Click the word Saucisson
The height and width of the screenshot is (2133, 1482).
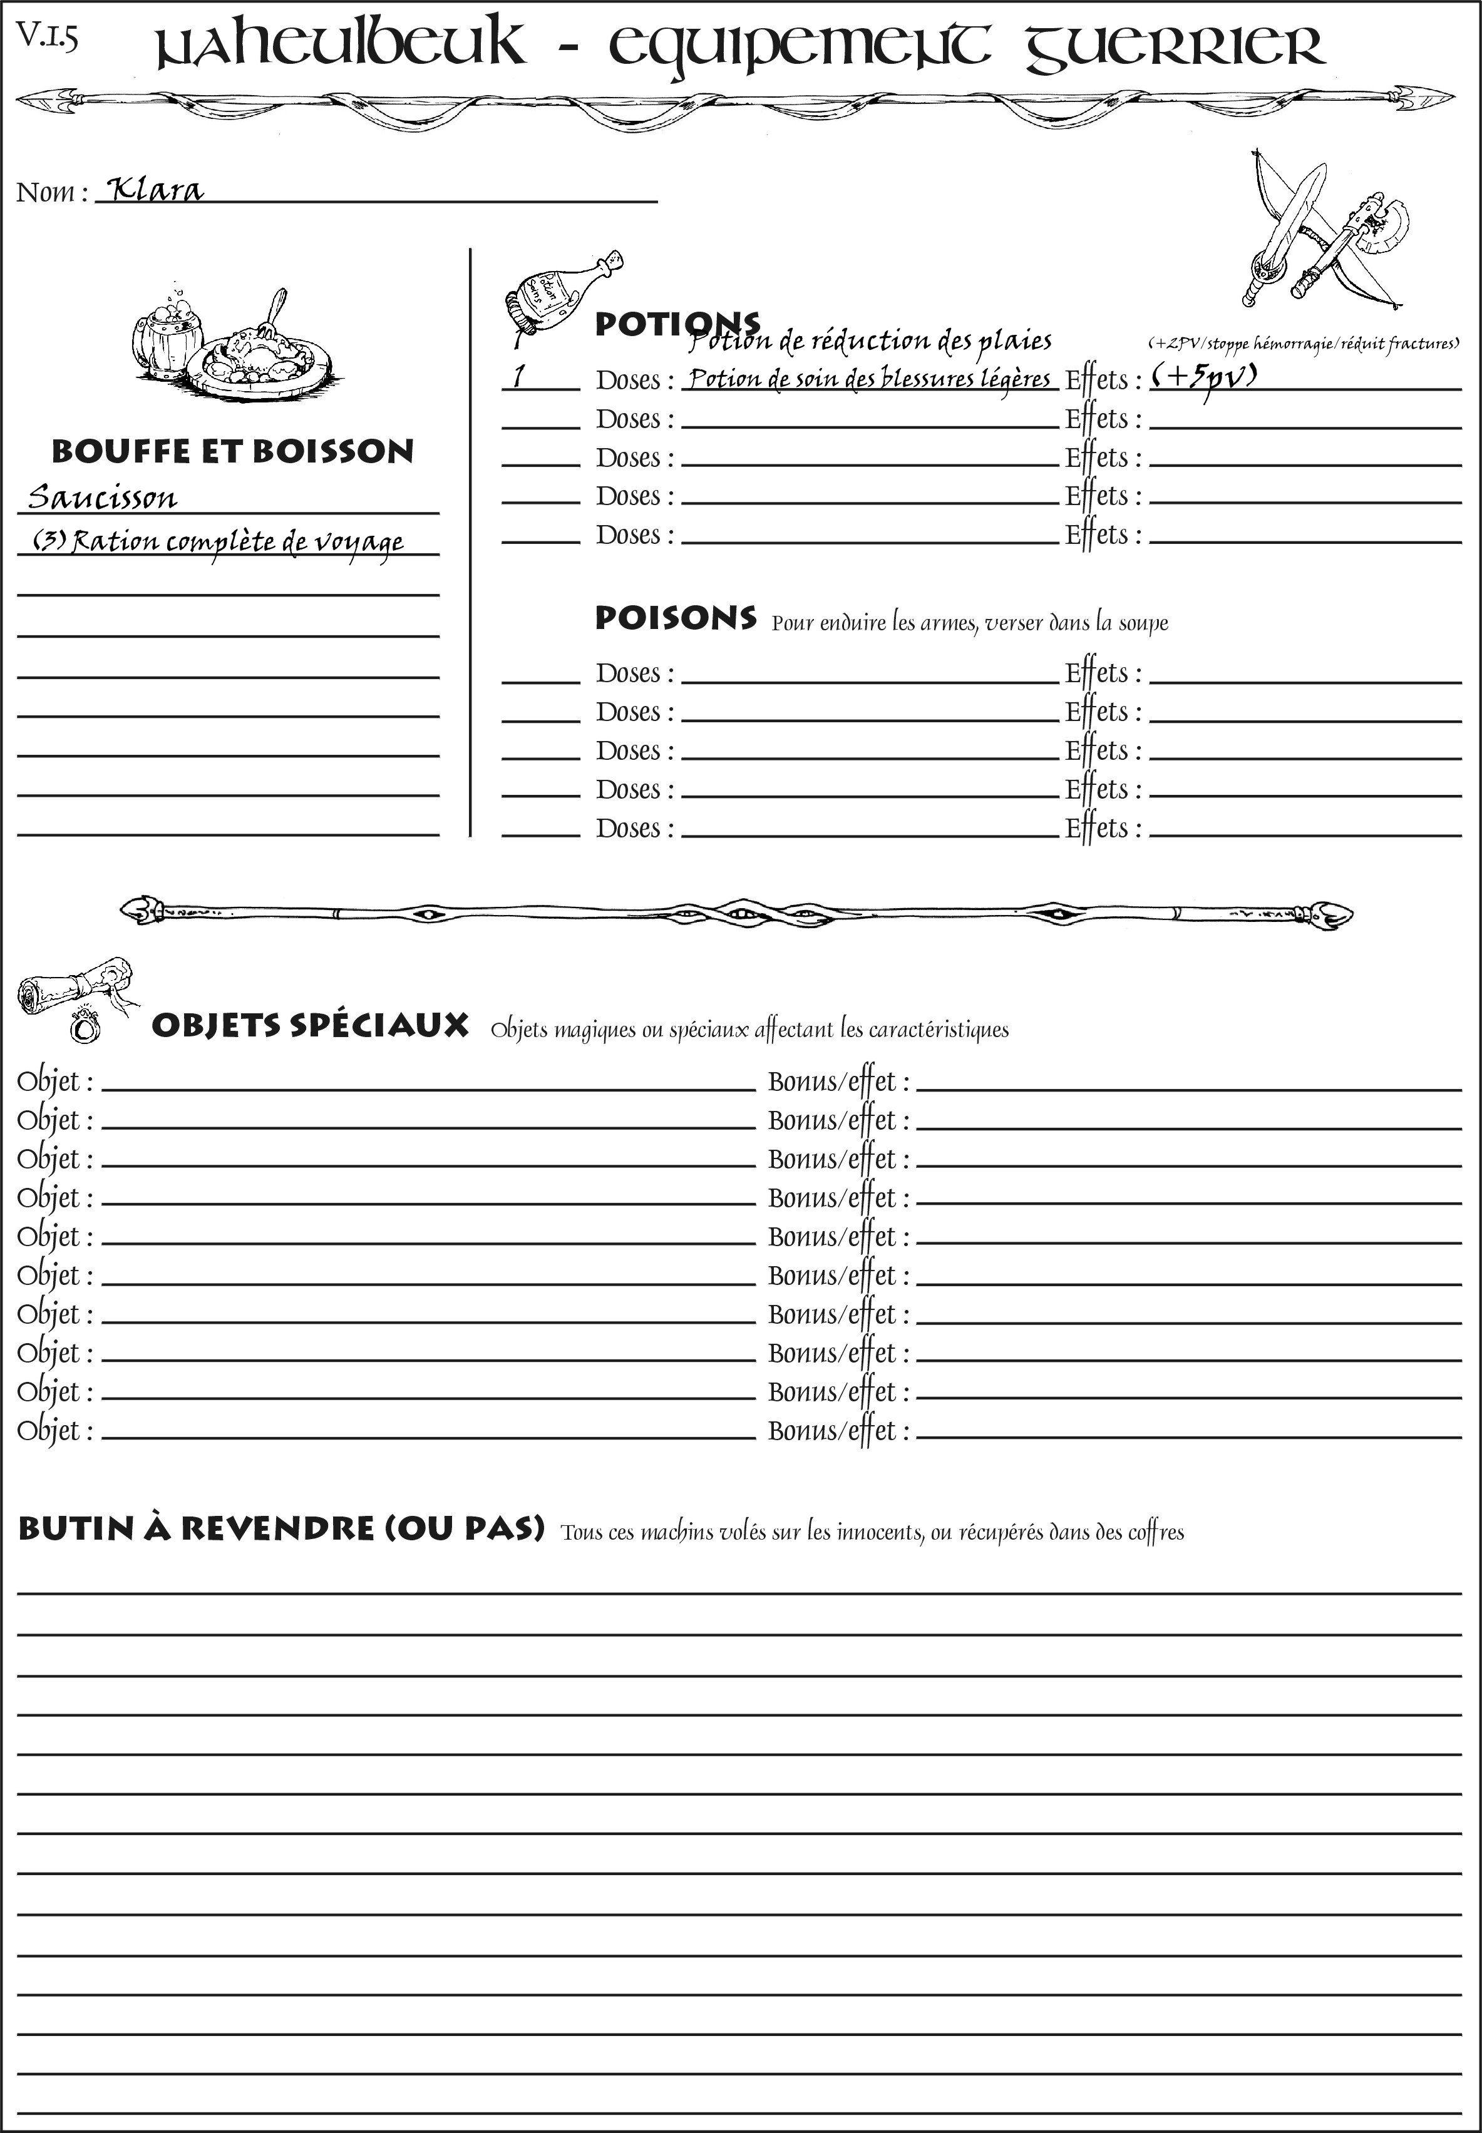point(102,498)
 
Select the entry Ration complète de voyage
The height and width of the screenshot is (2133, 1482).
point(219,541)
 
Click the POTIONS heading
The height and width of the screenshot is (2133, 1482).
point(676,324)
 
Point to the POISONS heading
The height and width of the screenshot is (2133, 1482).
point(675,618)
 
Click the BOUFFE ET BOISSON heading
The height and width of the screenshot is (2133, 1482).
point(232,451)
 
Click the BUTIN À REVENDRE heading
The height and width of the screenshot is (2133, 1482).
point(280,1528)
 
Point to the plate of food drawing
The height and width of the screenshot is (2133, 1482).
point(259,353)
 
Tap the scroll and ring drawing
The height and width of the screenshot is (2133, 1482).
point(75,998)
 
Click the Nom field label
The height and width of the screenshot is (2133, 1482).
point(51,192)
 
